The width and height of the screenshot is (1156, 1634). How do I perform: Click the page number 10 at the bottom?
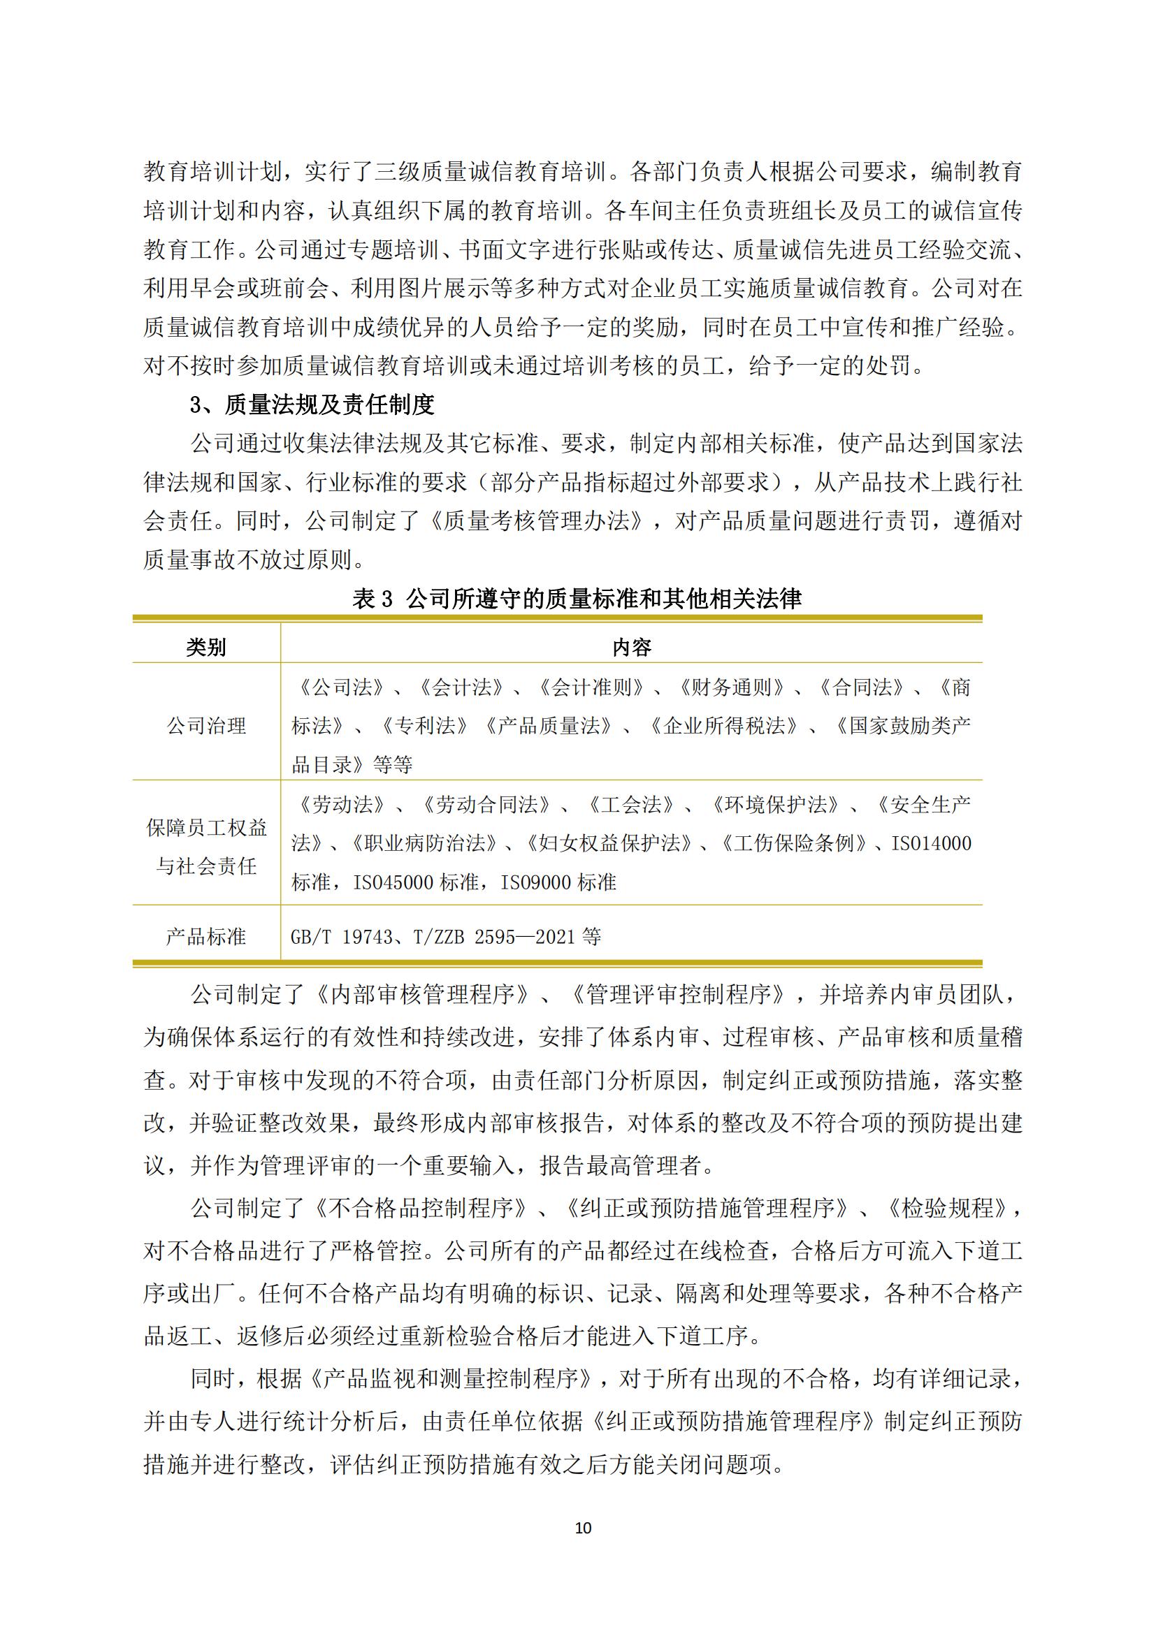(582, 1527)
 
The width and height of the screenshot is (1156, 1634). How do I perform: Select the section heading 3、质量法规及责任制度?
(312, 405)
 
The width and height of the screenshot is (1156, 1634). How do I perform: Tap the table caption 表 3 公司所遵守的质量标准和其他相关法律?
(577, 599)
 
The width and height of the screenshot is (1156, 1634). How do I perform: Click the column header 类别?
(206, 647)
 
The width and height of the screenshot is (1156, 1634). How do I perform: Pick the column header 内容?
(631, 647)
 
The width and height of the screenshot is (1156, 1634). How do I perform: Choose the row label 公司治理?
(206, 726)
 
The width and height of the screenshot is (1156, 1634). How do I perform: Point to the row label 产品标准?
(206, 937)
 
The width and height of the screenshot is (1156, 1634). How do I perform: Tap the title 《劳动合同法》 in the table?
(487, 805)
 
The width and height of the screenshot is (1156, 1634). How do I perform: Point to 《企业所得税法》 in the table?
(725, 726)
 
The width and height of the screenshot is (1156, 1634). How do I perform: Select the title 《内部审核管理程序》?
(423, 994)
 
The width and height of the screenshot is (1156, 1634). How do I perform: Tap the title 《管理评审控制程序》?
(680, 994)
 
